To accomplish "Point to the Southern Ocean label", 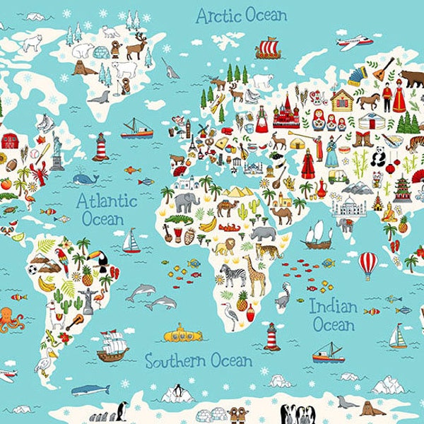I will (x=199, y=360).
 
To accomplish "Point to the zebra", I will (x=234, y=274).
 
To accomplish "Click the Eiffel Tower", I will (x=192, y=141).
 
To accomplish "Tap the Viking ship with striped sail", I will (x=269, y=48).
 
